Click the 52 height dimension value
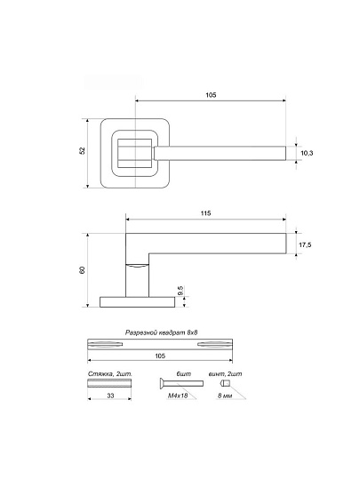(x=82, y=150)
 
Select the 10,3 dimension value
(x=307, y=153)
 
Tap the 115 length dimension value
(x=205, y=213)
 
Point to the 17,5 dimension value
(x=305, y=245)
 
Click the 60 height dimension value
(x=82, y=270)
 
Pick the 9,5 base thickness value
(x=180, y=290)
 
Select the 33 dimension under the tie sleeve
(x=110, y=396)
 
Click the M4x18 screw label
(x=178, y=396)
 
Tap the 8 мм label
(x=225, y=396)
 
